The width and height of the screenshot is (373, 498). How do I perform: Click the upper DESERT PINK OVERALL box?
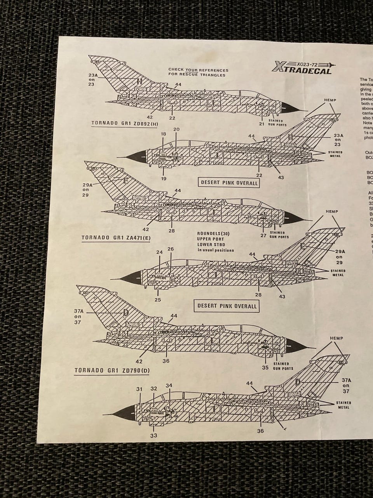229,182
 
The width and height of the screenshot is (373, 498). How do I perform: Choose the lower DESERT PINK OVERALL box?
227,306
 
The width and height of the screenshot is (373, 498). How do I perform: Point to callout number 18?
163,134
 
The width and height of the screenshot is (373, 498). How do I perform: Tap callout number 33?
154,435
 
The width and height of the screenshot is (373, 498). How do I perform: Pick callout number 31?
139,389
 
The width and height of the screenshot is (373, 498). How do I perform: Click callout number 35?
265,367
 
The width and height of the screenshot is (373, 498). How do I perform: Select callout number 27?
263,235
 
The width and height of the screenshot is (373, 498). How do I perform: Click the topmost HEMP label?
329,100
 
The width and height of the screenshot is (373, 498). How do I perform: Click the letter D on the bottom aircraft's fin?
298,382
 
